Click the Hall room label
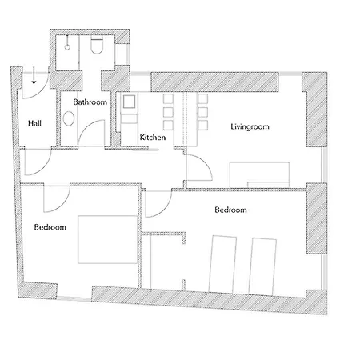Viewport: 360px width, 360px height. click(x=34, y=123)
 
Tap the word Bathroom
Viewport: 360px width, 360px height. click(x=90, y=102)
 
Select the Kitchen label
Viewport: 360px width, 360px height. click(x=153, y=138)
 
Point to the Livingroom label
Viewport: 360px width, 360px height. click(x=250, y=126)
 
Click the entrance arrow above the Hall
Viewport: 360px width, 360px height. click(x=34, y=75)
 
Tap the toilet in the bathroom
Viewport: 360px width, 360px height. click(x=97, y=46)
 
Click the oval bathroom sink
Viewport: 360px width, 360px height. click(x=69, y=118)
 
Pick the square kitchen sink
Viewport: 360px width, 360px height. click(x=129, y=102)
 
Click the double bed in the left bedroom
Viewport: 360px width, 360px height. click(x=107, y=239)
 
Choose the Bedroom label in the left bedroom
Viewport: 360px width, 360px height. click(x=50, y=227)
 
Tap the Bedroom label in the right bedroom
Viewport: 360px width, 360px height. click(x=230, y=210)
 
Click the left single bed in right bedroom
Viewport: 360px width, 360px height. click(x=222, y=264)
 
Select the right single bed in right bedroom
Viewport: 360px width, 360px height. click(x=262, y=266)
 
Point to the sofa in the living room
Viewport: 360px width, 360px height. click(x=259, y=174)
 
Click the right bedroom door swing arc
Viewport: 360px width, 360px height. click(x=165, y=209)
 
